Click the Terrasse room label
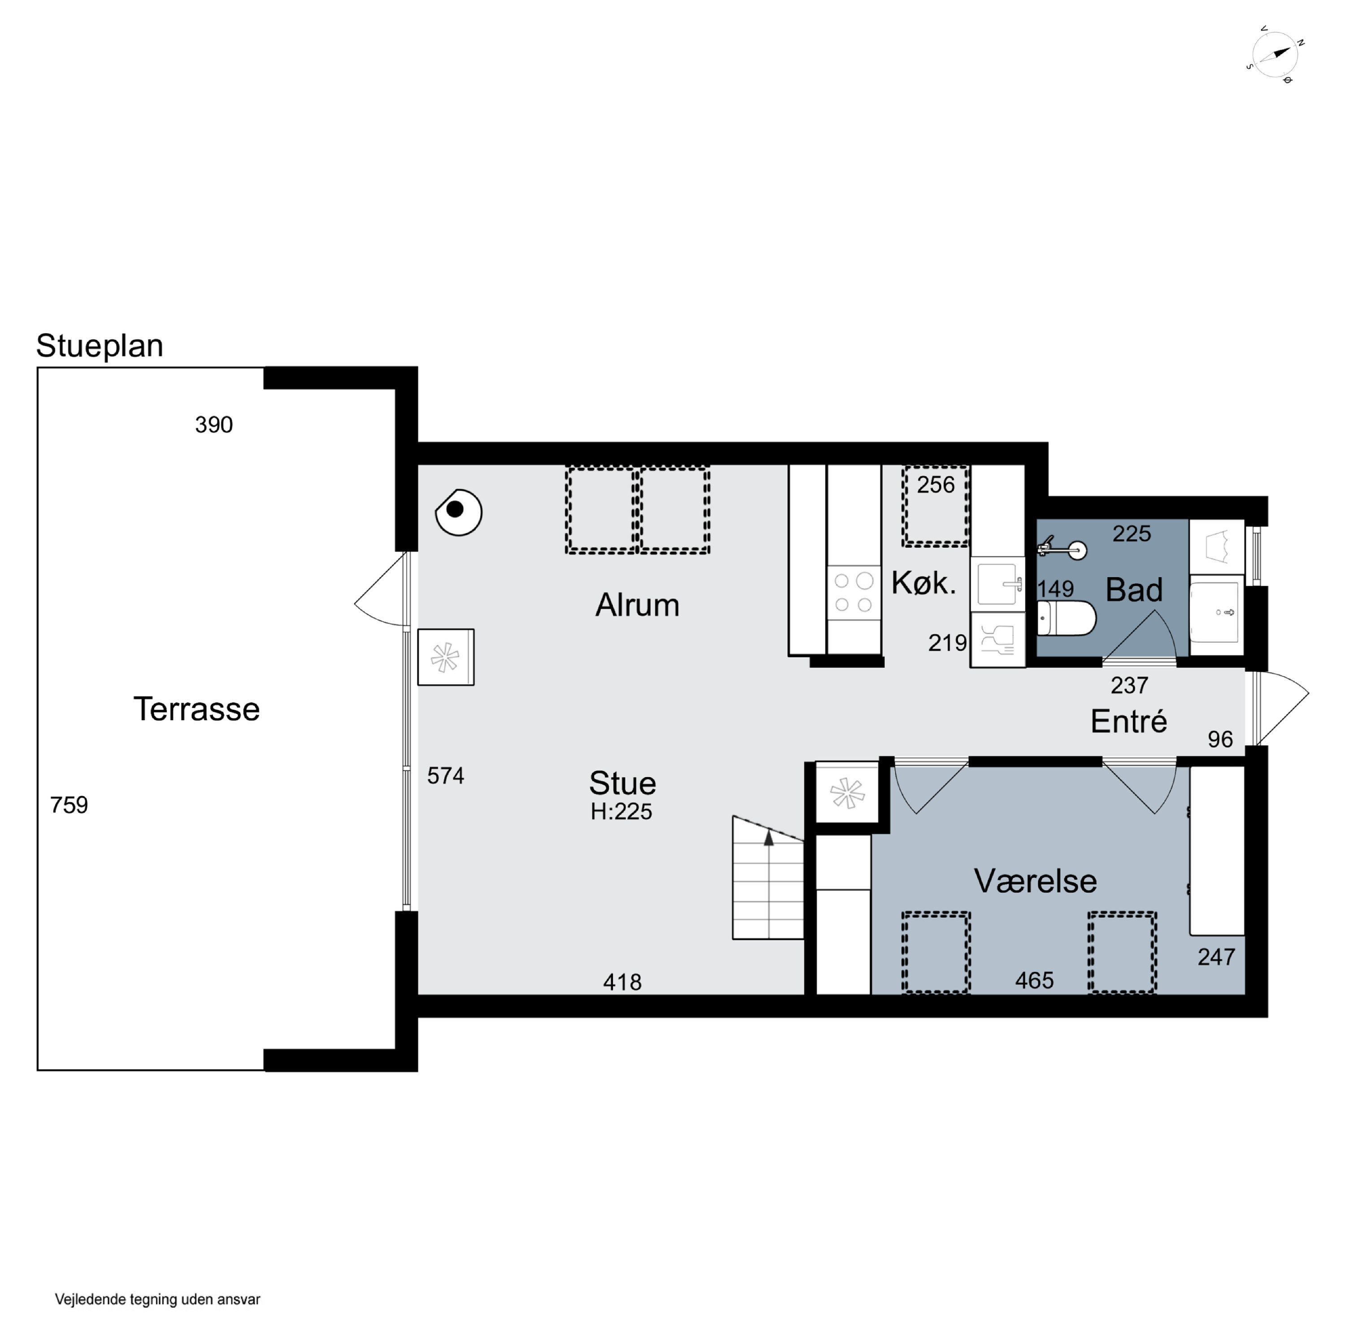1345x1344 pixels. (196, 709)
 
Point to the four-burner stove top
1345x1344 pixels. (854, 592)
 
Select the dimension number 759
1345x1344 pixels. (69, 805)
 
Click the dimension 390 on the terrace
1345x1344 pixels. (214, 424)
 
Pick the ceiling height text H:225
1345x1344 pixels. (621, 812)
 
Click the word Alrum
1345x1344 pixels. (637, 605)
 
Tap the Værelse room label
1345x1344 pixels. (1035, 881)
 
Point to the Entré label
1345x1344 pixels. (1128, 721)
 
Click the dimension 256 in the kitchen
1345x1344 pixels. (936, 484)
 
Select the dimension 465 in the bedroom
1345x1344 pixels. (1034, 981)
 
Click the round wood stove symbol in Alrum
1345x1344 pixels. (459, 512)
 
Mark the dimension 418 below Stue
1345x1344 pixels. (622, 982)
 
